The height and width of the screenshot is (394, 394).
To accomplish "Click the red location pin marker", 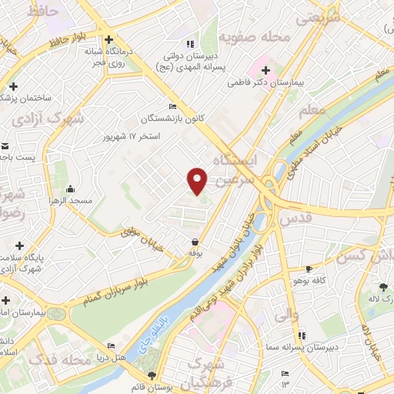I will click(198, 180).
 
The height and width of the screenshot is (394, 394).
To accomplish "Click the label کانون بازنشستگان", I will click(169, 119).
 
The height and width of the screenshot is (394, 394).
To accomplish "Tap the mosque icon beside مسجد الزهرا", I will click(72, 189).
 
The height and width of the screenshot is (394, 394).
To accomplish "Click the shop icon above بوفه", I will click(195, 241).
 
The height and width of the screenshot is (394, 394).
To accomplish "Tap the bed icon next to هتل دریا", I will click(112, 346).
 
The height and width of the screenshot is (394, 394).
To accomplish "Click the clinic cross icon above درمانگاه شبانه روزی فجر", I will click(109, 39).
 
